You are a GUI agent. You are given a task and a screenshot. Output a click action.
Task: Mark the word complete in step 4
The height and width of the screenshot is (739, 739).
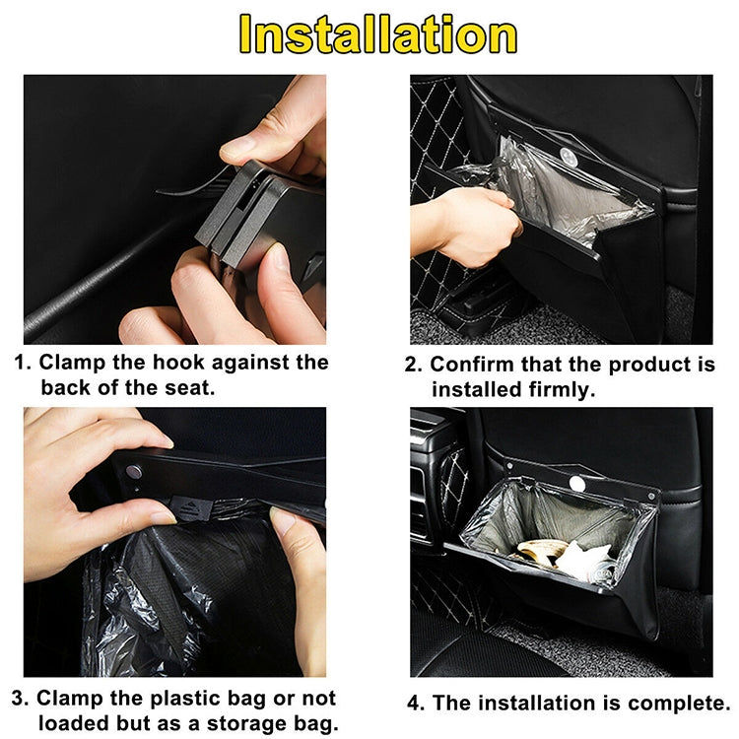click(670, 704)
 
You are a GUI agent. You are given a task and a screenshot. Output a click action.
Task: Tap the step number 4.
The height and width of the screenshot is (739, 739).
click(414, 704)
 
